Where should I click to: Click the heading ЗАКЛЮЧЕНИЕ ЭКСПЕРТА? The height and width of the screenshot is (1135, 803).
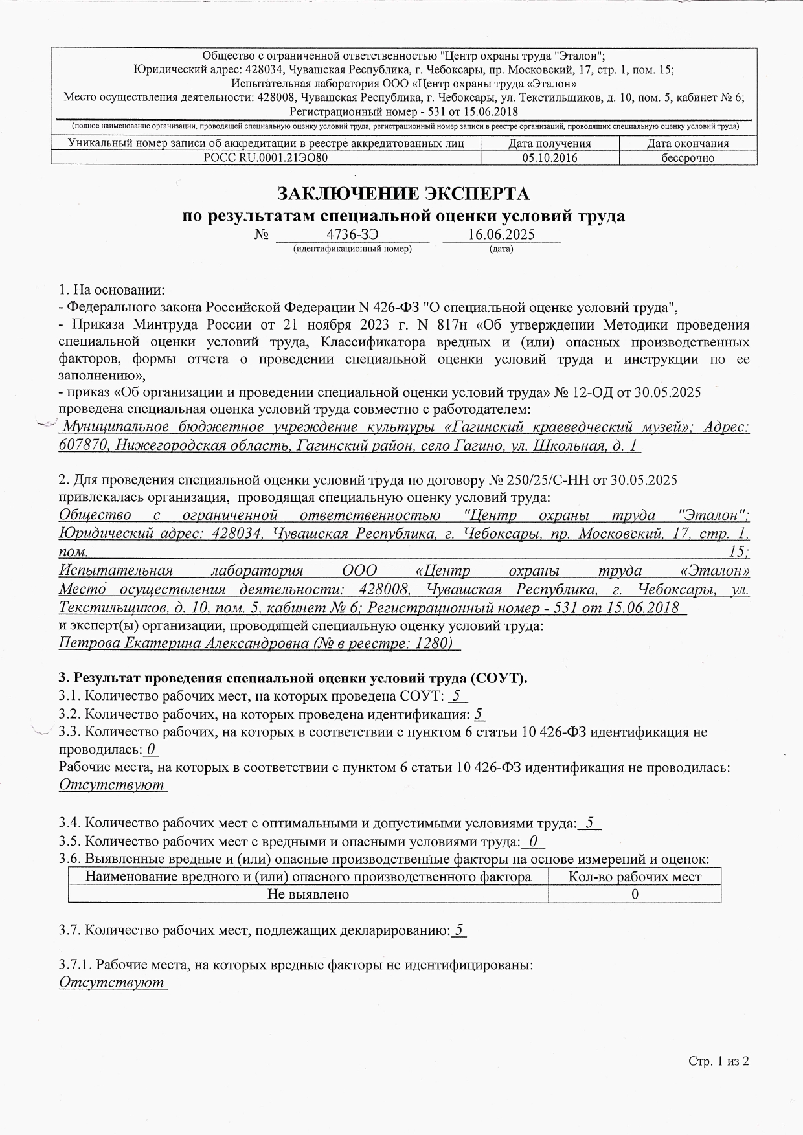[403, 194]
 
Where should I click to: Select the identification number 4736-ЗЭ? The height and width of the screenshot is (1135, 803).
[352, 234]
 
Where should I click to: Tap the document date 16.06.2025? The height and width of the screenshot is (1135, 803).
[501, 234]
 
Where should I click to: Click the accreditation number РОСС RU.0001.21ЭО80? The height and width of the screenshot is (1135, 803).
[266, 157]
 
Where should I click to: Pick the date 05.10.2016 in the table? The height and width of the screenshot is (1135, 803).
[550, 157]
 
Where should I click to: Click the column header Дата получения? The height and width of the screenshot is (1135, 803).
[550, 144]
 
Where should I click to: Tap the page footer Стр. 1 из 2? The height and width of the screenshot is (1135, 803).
[718, 1061]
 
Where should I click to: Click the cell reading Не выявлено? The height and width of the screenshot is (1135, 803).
[308, 894]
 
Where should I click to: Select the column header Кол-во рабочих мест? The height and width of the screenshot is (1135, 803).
[634, 877]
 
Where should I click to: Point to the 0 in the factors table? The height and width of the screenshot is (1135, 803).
[635, 894]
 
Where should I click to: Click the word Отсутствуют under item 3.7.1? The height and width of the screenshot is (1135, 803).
[111, 982]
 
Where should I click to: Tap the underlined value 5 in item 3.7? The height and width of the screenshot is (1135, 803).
[458, 930]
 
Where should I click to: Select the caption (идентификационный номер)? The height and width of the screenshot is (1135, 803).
[352, 249]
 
